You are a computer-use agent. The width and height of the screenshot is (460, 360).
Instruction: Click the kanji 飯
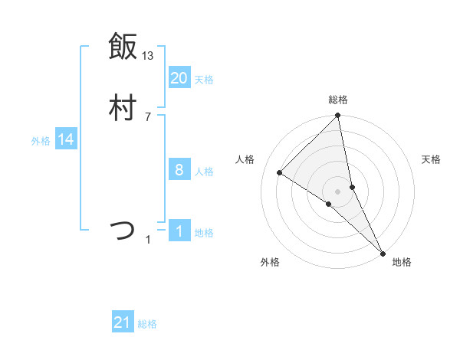(x=122, y=46)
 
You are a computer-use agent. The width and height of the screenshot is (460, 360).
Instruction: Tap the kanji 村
(x=122, y=108)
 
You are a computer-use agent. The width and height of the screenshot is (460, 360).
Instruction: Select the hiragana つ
(x=122, y=230)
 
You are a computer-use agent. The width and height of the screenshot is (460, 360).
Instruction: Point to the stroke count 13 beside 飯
(x=148, y=56)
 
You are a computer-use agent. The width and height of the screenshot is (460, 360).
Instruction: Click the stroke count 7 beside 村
(x=147, y=117)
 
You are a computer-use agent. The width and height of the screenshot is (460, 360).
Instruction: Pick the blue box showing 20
(x=179, y=77)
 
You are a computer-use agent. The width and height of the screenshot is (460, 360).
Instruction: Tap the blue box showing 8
(x=179, y=170)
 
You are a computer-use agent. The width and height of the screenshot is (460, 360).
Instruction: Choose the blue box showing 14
(x=65, y=139)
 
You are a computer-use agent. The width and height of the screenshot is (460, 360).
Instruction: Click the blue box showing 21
(x=123, y=323)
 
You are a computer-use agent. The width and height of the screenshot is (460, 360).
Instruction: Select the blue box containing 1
(x=179, y=231)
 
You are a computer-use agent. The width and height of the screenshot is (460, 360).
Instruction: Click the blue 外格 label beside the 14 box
(x=41, y=141)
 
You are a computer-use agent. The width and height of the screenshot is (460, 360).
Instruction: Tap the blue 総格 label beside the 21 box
(x=147, y=324)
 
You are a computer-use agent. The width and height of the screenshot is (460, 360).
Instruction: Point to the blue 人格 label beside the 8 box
(x=204, y=172)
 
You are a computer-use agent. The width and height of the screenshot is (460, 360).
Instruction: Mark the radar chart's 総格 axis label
(x=338, y=100)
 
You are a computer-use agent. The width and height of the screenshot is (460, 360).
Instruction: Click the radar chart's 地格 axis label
(x=402, y=262)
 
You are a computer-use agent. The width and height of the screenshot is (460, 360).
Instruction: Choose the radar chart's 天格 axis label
(x=431, y=159)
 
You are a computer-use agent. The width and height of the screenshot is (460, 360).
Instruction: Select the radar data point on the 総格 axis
(x=338, y=116)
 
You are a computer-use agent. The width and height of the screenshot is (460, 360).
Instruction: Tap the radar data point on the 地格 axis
(x=383, y=253)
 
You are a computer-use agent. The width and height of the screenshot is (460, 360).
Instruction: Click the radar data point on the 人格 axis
(x=280, y=172)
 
